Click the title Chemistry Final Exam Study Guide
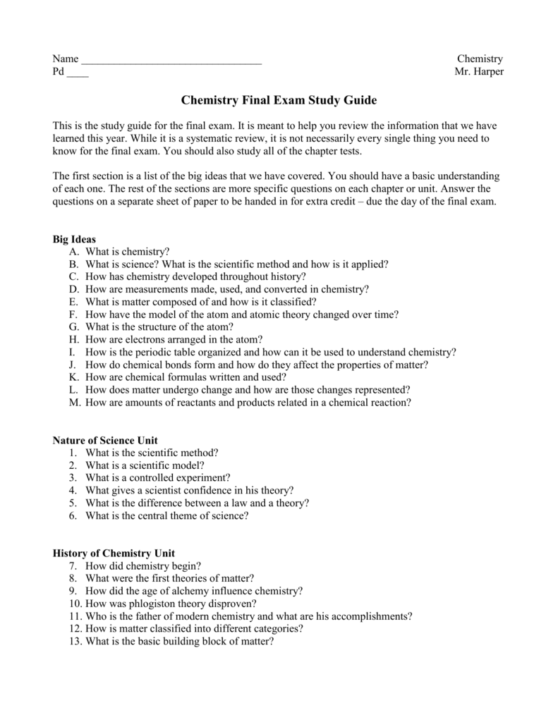coord(280,101)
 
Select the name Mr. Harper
coord(479,73)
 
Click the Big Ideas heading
coord(75,239)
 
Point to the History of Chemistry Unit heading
coord(114,553)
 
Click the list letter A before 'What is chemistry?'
coord(73,252)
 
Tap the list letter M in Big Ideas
coord(73,403)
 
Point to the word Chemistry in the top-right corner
coord(480,59)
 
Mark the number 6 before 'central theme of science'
coord(73,515)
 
